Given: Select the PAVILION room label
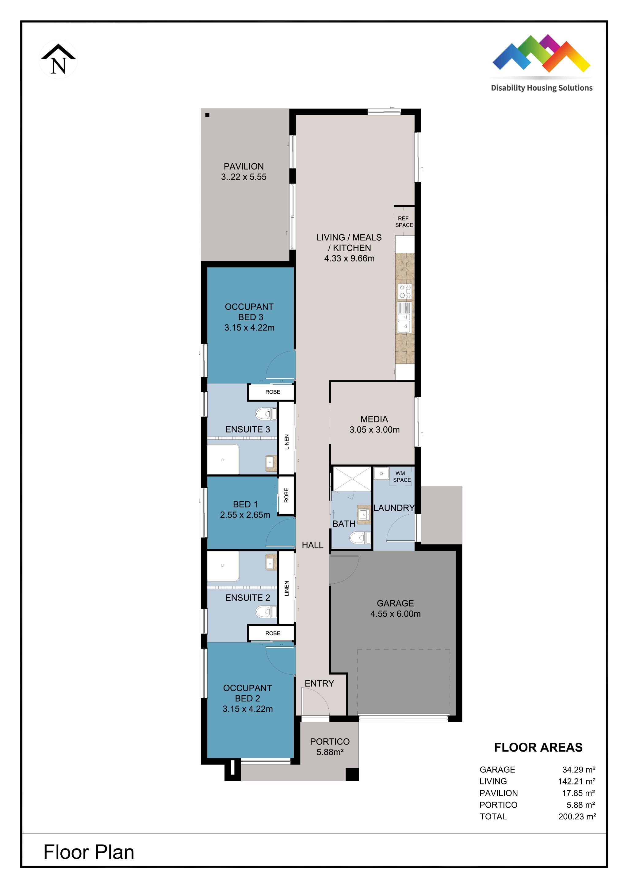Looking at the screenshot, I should [243, 166].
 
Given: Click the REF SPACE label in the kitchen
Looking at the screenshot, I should [404, 222].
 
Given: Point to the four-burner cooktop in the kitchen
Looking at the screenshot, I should [405, 291].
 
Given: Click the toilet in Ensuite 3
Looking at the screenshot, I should [266, 414].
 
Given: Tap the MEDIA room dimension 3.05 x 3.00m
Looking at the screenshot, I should [374, 430].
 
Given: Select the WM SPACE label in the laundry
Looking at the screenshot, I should [402, 476].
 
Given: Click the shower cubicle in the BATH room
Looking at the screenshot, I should [352, 479].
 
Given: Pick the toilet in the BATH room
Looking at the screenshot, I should [359, 538].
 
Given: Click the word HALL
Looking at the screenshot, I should [312, 545].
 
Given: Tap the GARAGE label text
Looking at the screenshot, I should [395, 603].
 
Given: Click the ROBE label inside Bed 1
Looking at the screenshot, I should [286, 495].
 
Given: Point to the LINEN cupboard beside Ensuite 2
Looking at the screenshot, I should [286, 588].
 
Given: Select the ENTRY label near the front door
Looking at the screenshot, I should [319, 684].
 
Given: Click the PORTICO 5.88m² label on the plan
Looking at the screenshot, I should [330, 747].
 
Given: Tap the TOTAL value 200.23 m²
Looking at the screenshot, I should [576, 817].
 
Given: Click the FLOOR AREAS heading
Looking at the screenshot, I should [538, 747].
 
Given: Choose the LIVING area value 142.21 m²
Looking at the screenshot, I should [576, 781].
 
